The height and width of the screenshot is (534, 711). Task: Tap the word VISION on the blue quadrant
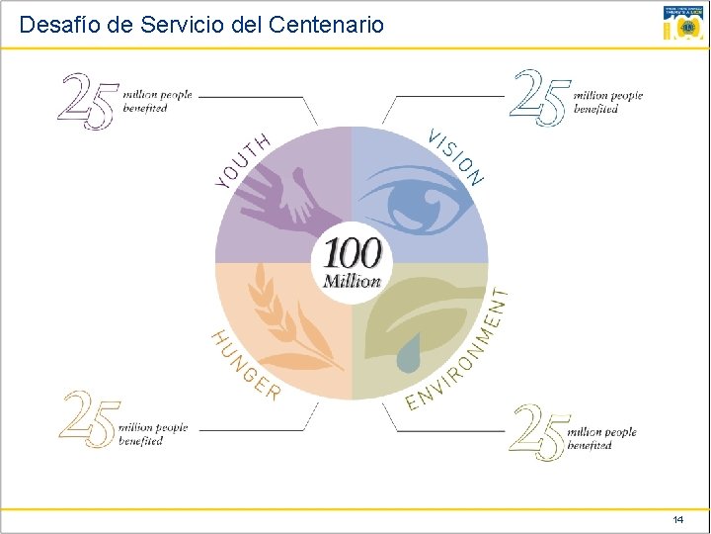(x=455, y=156)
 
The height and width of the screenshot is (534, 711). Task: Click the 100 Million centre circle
(x=353, y=263)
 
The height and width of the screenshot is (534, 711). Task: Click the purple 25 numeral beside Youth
(x=89, y=101)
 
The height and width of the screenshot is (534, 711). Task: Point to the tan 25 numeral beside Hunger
(x=90, y=419)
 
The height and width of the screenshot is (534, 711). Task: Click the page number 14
(x=677, y=519)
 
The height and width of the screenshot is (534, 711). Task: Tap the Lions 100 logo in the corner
(x=683, y=23)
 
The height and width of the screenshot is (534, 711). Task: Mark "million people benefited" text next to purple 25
(x=155, y=101)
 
